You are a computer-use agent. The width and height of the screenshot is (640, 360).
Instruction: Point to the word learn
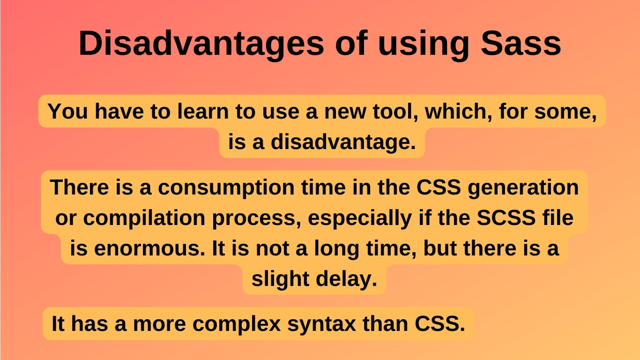(199, 112)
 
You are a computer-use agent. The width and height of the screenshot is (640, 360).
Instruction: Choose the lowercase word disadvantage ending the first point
(343, 142)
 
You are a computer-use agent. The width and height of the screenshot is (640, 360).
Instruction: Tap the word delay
(348, 279)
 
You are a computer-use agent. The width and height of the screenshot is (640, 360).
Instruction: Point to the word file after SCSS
(558, 218)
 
